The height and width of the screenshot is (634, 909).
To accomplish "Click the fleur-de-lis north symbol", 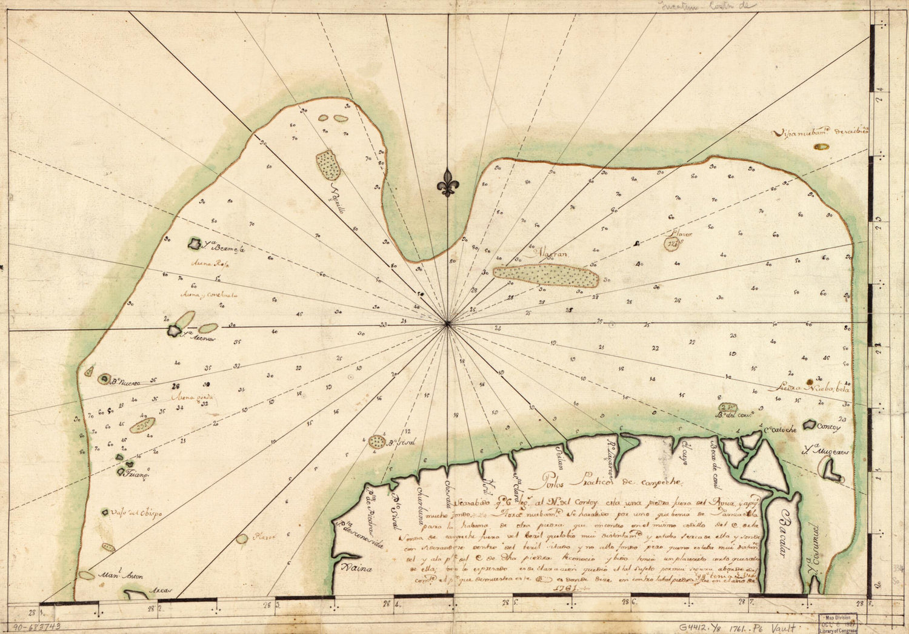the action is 447,182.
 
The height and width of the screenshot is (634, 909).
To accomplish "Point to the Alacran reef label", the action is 549,254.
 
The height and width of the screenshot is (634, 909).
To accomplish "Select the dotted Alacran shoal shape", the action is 545,276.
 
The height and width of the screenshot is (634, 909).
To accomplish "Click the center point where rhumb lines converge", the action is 447,323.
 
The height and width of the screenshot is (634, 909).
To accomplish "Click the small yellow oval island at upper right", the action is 821,147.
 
